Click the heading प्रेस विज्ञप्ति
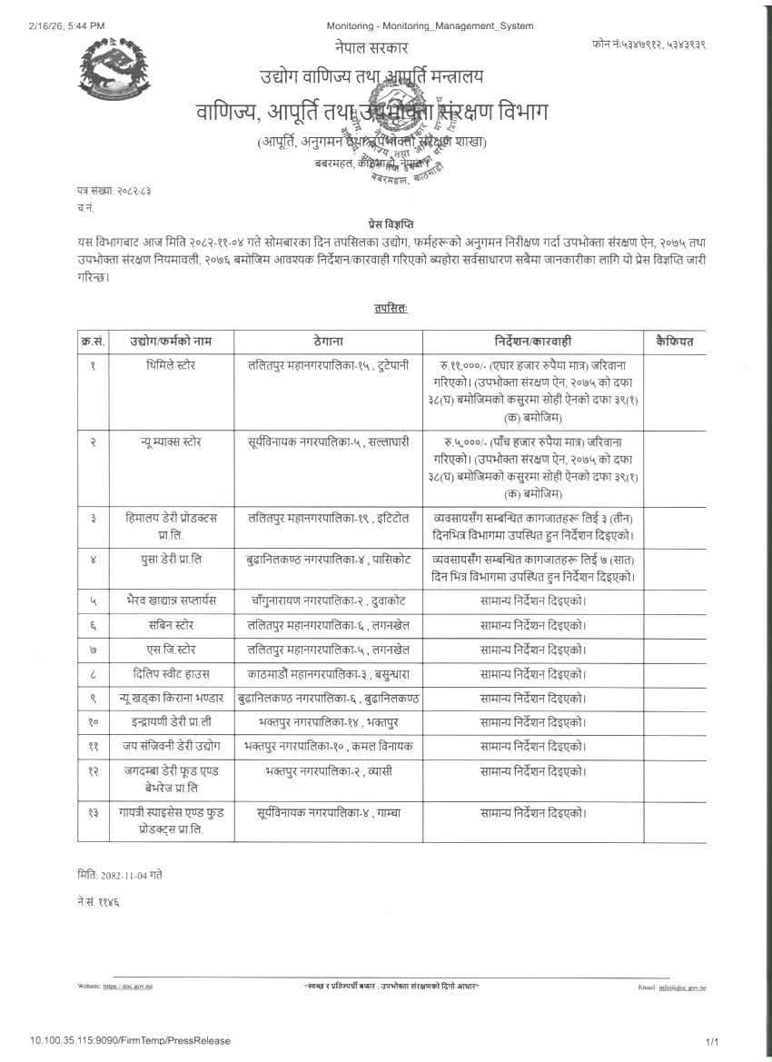[384, 223]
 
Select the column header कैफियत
[674, 342]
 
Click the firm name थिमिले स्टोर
[170, 365]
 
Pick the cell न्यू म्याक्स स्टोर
[170, 442]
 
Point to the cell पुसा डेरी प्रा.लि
[170, 559]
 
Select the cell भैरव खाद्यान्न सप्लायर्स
[170, 601]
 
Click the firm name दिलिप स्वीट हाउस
[170, 673]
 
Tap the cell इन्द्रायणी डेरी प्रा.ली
[170, 722]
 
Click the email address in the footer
[683, 986]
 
